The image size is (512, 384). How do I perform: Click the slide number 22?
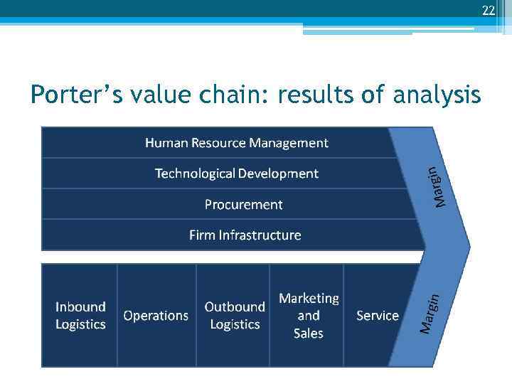(x=488, y=10)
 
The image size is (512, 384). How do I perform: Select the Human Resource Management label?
(x=237, y=143)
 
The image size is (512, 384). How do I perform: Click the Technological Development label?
(x=237, y=174)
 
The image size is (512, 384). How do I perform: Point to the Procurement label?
(x=243, y=205)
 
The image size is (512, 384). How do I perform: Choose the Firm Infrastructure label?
(x=245, y=235)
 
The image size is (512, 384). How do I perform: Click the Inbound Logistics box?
(x=80, y=316)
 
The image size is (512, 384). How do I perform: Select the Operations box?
(x=156, y=316)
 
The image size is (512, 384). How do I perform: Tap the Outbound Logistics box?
(x=234, y=316)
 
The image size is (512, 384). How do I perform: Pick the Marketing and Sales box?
(x=308, y=316)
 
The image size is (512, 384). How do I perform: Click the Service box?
(x=377, y=316)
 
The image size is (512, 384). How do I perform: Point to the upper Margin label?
(x=440, y=187)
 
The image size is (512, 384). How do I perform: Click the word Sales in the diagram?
(x=308, y=334)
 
